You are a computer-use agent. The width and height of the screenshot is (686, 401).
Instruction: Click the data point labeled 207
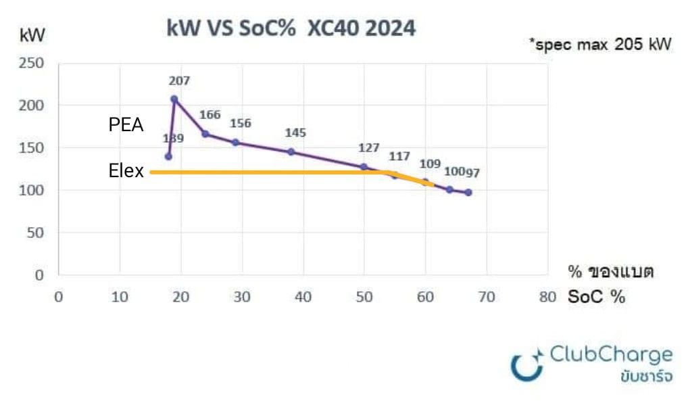[174, 99]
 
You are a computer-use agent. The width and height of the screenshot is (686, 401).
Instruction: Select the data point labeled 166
[205, 134]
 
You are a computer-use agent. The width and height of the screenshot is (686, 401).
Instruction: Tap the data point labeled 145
[291, 152]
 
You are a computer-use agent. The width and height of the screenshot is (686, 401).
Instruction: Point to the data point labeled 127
[364, 166]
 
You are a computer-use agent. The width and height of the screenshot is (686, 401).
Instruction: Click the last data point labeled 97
[468, 192]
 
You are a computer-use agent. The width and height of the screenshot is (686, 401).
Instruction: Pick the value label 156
[240, 124]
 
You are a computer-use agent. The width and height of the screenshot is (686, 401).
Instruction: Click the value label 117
[399, 156]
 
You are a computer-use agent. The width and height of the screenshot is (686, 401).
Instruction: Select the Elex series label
[126, 172]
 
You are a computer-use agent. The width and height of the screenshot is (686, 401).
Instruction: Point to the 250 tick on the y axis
[32, 64]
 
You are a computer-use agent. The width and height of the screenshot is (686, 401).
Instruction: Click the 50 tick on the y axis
[35, 233]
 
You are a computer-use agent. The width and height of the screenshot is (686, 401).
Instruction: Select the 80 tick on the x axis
[548, 297]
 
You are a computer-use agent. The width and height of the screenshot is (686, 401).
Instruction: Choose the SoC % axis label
[597, 297]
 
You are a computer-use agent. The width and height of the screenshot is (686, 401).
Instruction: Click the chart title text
[291, 29]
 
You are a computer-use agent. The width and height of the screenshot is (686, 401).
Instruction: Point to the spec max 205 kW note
[600, 45]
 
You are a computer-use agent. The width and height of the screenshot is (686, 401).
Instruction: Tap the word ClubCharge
[612, 355]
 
